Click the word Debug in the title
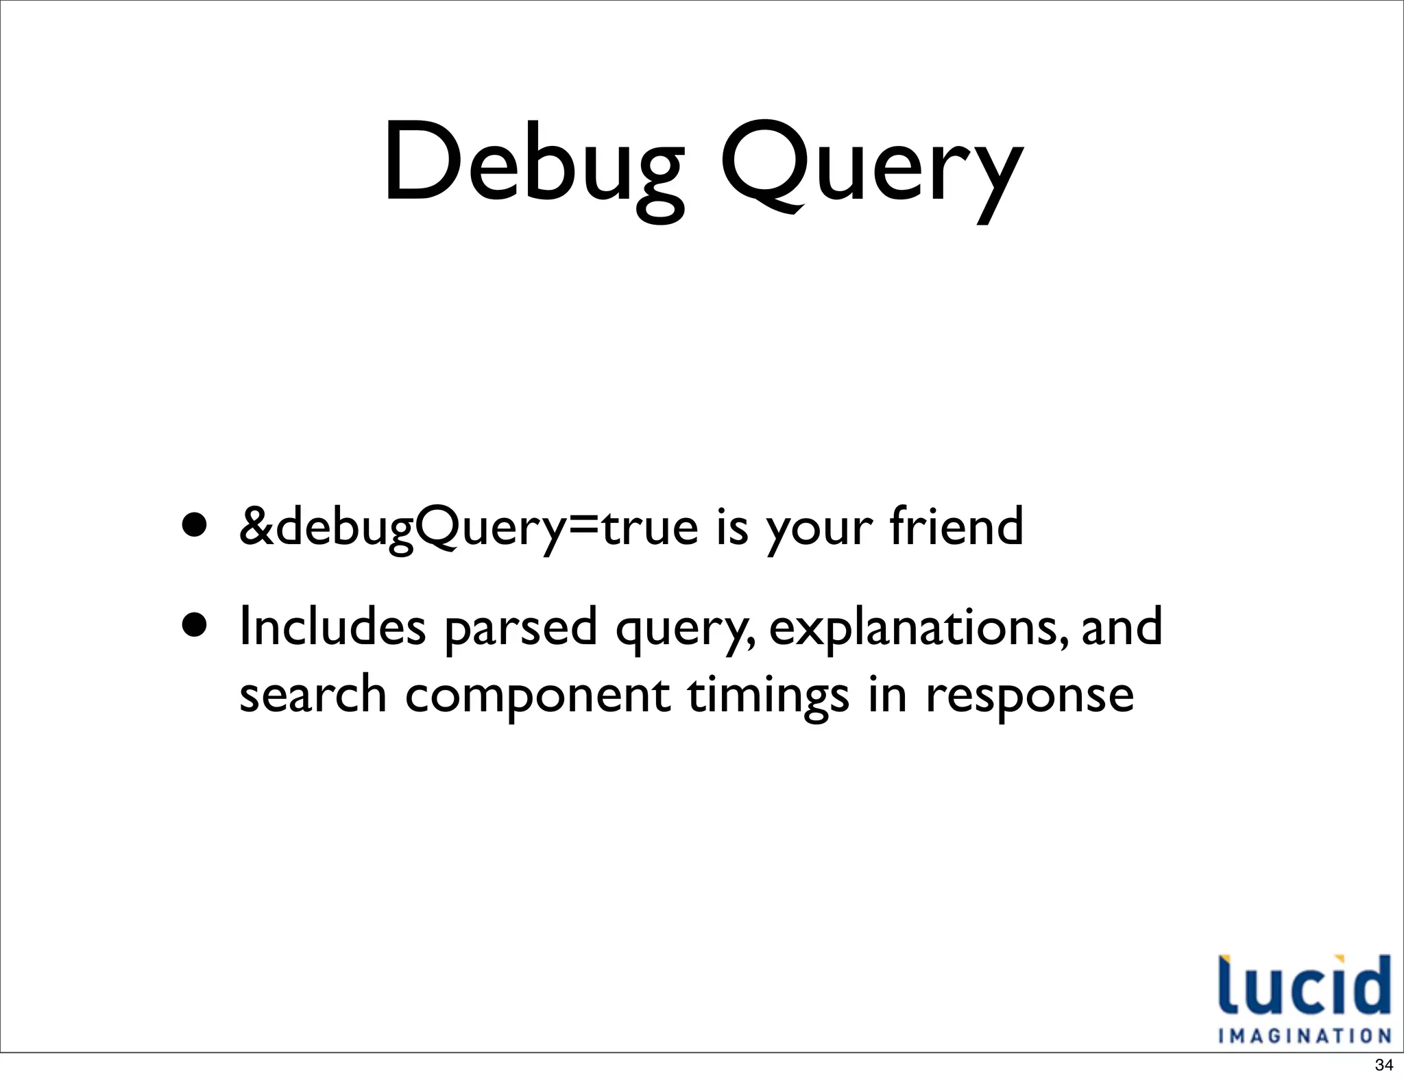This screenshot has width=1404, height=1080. (533, 164)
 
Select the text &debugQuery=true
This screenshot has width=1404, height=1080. (468, 528)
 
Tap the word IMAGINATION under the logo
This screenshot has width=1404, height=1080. (1304, 1035)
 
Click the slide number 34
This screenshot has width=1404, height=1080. (1383, 1065)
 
